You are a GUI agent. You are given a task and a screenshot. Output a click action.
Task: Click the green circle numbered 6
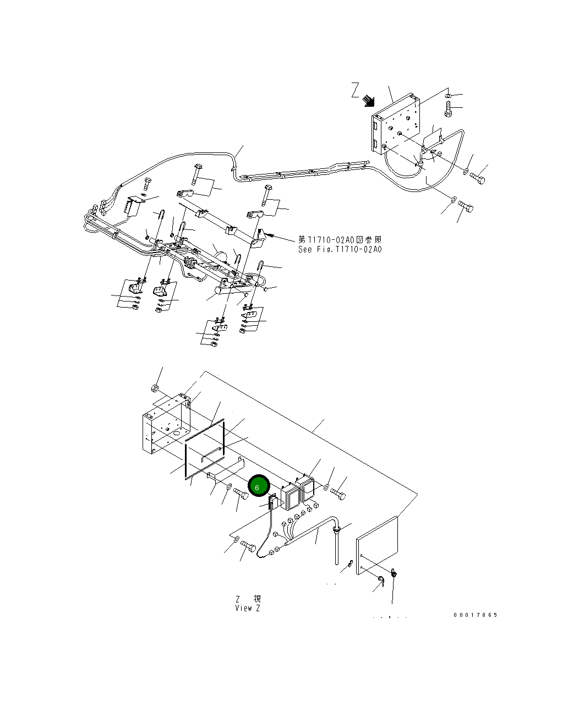258,486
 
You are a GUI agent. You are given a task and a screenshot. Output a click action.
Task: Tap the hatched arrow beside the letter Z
368,101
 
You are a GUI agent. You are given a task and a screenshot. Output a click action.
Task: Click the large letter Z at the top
356,91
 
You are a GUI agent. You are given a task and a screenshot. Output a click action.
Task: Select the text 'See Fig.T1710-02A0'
340,249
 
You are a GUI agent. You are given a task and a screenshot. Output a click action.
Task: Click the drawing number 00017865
476,615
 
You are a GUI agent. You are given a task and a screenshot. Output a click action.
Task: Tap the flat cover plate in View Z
377,545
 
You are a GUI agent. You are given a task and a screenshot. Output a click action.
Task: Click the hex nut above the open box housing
156,390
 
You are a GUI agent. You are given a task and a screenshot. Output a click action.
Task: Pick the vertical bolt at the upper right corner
447,112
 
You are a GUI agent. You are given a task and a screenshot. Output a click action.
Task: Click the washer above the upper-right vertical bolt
447,96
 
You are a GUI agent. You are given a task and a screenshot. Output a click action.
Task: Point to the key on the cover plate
394,575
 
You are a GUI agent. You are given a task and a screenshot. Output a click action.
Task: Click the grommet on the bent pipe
335,529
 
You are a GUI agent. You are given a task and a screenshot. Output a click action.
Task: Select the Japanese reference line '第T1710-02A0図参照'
340,240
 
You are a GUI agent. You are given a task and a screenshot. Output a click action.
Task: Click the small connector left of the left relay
272,502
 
